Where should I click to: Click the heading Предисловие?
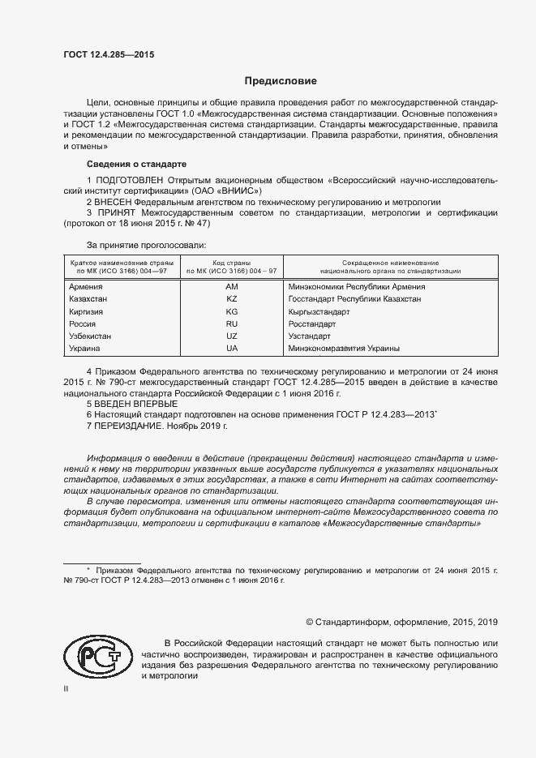click(x=281, y=82)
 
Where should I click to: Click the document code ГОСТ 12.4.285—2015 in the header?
click(x=109, y=55)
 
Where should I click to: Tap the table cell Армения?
click(x=86, y=287)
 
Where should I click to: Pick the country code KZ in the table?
click(x=232, y=299)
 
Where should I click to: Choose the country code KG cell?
click(x=232, y=311)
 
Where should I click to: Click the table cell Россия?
click(x=84, y=323)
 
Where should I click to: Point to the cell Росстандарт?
click(x=311, y=323)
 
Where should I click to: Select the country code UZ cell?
click(x=232, y=336)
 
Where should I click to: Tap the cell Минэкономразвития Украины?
click(x=344, y=348)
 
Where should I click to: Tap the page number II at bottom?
click(x=66, y=688)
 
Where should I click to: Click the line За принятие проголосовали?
click(x=146, y=244)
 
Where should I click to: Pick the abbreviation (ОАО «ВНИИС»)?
click(x=217, y=190)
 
